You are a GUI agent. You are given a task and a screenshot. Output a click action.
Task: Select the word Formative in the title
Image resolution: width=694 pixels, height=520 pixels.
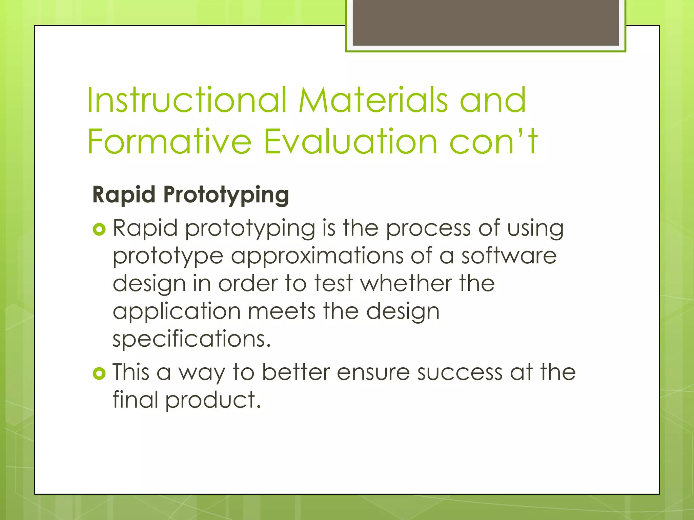click(169, 141)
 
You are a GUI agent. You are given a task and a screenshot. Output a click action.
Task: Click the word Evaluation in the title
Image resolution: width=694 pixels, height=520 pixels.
click(351, 141)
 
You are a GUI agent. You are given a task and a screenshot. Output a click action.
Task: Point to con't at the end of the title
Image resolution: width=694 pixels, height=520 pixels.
click(493, 141)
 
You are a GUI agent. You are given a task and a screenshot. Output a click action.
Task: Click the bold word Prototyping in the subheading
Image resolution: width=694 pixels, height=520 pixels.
click(226, 195)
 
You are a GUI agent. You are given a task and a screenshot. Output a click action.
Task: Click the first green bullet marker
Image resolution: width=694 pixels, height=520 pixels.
click(99, 230)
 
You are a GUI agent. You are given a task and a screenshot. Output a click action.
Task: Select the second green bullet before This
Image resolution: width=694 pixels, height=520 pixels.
click(99, 374)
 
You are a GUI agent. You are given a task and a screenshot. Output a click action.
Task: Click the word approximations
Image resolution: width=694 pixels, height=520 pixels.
click(317, 256)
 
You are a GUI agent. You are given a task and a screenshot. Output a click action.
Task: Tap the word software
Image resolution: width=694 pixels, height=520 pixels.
click(509, 256)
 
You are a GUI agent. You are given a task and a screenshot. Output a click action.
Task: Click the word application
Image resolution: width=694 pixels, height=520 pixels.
click(177, 311)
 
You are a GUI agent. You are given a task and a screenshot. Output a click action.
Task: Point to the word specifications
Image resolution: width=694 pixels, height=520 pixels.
click(191, 339)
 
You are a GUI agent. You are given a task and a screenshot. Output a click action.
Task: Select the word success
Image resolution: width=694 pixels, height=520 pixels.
click(460, 372)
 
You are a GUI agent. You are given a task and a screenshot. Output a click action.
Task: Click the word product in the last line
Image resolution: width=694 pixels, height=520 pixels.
click(213, 400)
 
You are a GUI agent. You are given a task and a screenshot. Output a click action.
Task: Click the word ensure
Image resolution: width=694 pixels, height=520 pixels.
click(373, 372)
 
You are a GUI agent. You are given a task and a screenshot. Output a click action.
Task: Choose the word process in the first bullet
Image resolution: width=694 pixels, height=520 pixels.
click(428, 228)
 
